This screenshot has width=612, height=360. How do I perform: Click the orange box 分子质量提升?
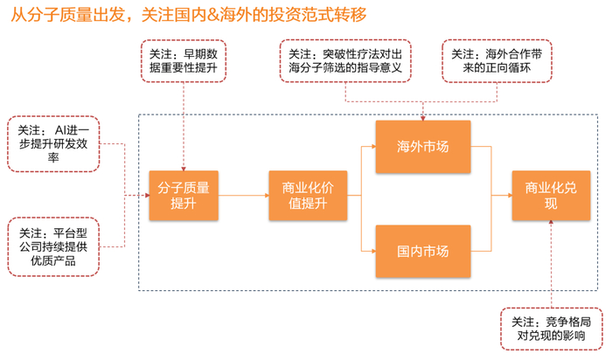[184, 195]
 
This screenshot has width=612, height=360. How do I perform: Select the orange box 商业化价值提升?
[303, 195]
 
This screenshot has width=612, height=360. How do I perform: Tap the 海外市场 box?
[423, 146]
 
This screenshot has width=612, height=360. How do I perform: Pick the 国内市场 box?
[423, 251]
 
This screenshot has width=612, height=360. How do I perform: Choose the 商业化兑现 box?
[546, 195]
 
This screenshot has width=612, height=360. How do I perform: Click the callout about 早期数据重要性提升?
[184, 60]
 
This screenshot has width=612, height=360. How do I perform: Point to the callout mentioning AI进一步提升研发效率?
[54, 141]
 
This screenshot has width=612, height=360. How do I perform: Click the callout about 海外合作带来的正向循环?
[497, 60]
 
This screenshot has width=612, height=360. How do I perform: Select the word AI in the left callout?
[61, 128]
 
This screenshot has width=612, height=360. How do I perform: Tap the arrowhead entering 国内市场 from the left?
[372, 251]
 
